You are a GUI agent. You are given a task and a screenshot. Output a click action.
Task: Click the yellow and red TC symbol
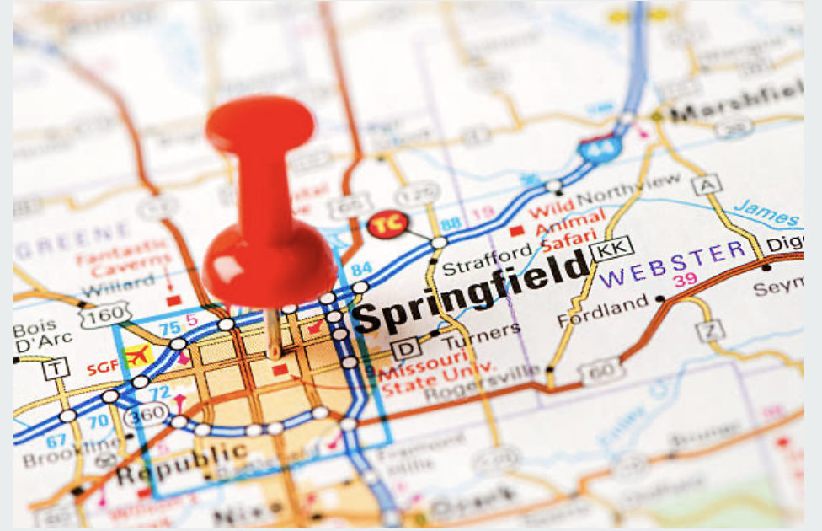[388, 224]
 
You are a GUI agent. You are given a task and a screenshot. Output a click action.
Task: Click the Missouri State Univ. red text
[422, 377]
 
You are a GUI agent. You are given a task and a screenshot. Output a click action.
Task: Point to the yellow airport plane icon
[138, 354]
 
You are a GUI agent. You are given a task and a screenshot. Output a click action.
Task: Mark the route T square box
[56, 367]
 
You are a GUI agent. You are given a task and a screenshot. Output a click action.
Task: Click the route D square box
[405, 349]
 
